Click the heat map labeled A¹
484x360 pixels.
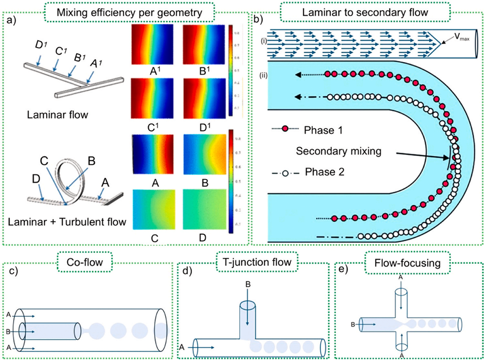coord(153,45)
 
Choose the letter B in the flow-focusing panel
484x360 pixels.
coord(352,323)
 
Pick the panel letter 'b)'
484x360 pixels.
coord(260,21)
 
